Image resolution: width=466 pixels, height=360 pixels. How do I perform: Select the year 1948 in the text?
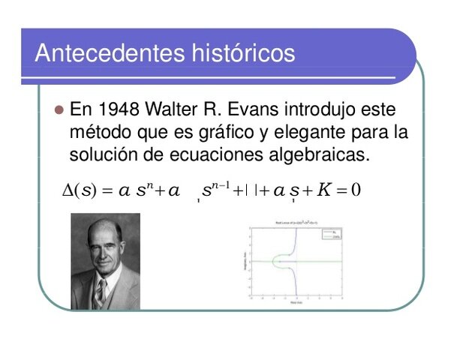pos(119,110)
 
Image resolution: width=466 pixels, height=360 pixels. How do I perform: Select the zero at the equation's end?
pos(356,189)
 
